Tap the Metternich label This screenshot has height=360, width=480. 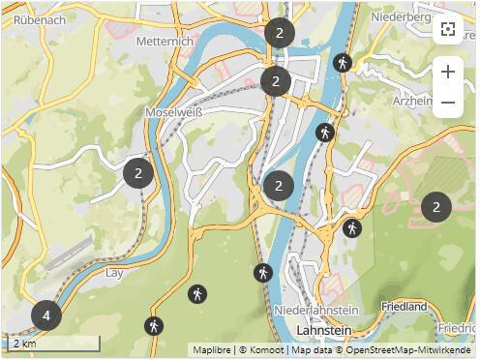[x=165, y=42]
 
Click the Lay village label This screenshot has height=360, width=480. [x=115, y=273]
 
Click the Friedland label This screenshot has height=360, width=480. [x=404, y=307]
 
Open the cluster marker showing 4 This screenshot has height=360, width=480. [x=45, y=315]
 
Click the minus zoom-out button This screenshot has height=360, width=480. [x=447, y=102]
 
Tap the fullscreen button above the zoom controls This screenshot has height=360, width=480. [x=447, y=28]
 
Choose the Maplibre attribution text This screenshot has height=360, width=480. [x=214, y=349]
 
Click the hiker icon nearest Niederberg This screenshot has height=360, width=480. [x=342, y=63]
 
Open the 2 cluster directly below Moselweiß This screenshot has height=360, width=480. [x=138, y=173]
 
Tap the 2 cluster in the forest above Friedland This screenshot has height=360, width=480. [x=436, y=206]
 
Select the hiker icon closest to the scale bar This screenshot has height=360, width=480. [x=153, y=326]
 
